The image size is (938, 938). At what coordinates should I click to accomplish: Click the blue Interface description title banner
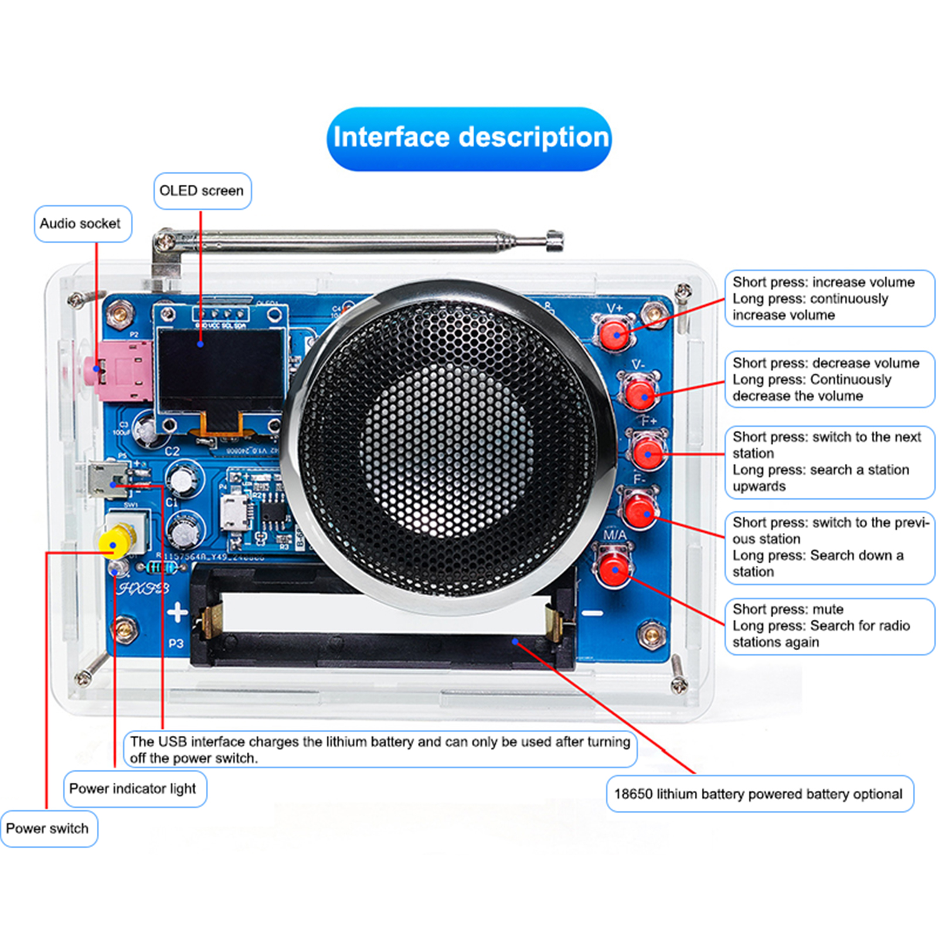(x=469, y=139)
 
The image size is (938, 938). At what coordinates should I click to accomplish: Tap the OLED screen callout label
(x=202, y=191)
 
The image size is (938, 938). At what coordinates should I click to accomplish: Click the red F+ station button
(x=648, y=452)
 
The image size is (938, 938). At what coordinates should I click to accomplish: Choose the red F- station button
(x=640, y=510)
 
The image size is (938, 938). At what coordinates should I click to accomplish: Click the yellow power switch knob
(x=114, y=543)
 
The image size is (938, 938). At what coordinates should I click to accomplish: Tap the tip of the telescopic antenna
(x=553, y=240)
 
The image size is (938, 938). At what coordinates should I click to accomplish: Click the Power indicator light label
(x=133, y=789)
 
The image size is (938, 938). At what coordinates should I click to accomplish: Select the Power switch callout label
(x=47, y=828)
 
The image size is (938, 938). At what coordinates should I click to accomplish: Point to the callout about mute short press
(x=828, y=626)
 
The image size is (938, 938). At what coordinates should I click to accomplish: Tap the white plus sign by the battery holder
(x=177, y=613)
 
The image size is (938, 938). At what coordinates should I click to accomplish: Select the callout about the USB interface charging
(x=380, y=749)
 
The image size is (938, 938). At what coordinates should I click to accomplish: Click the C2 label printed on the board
(x=172, y=451)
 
